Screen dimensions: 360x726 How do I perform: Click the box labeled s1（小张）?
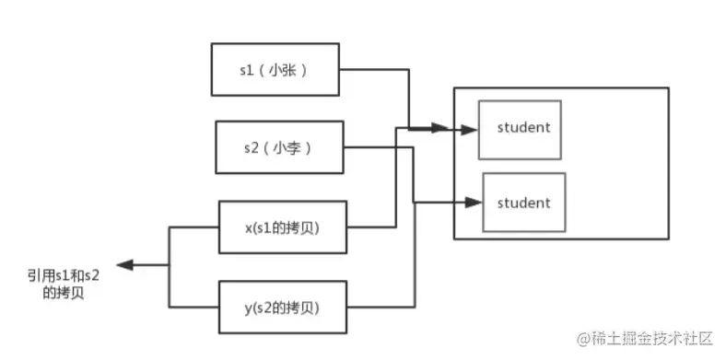275,69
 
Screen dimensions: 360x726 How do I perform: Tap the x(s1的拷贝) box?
283,227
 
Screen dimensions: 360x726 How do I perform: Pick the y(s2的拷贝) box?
283,308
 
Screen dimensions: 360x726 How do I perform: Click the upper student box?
520,129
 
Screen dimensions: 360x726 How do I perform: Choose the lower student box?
523,203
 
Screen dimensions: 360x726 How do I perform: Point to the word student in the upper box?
523,127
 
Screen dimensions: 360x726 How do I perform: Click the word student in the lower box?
523,203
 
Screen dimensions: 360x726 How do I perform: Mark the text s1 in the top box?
246,69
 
